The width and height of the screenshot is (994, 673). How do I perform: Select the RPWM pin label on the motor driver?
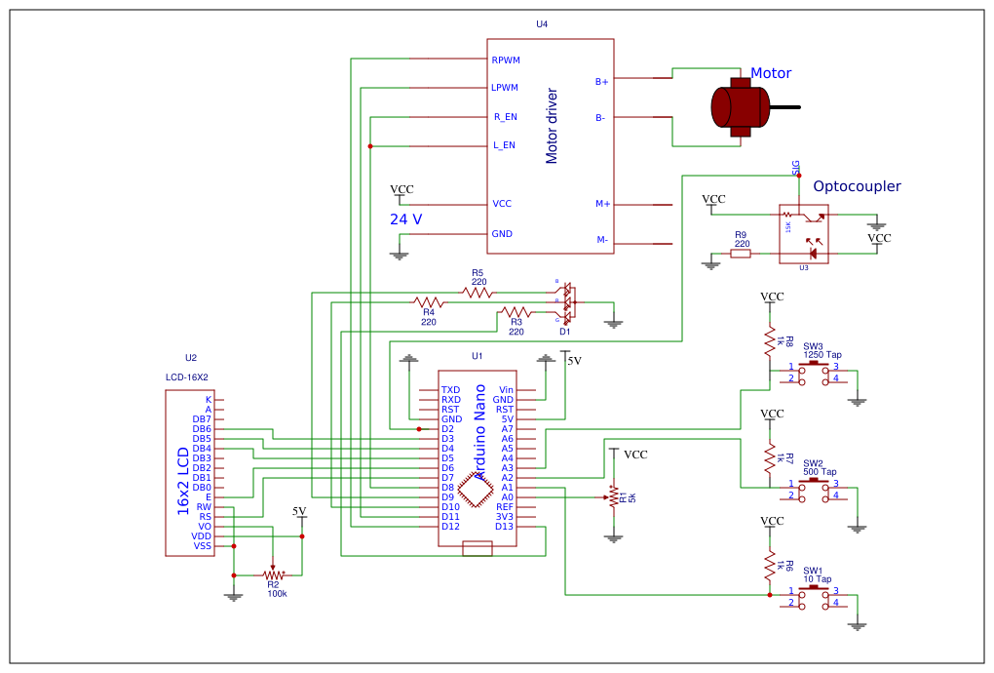point(506,60)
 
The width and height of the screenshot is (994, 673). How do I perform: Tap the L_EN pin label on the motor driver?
point(504,146)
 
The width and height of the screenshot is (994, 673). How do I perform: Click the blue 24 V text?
point(406,219)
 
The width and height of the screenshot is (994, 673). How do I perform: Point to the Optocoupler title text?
point(857,186)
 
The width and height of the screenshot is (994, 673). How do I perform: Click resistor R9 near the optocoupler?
point(741,254)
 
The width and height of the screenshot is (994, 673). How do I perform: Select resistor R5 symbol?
point(477,292)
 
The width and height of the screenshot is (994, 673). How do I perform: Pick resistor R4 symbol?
point(429,302)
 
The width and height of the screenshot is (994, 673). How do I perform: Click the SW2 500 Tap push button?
point(814,488)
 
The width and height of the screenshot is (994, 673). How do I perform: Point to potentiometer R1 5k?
point(614,496)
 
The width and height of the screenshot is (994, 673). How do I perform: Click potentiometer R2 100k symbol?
point(273,574)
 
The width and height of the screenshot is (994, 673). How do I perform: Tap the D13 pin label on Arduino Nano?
point(504,527)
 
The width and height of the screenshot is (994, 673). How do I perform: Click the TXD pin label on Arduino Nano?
point(450,390)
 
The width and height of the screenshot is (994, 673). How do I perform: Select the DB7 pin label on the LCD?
point(202,419)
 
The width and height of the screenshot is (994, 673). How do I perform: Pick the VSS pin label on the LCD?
point(202,546)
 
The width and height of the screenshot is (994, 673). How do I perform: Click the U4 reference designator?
point(542,23)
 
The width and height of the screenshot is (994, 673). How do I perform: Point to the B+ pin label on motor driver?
point(602,81)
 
